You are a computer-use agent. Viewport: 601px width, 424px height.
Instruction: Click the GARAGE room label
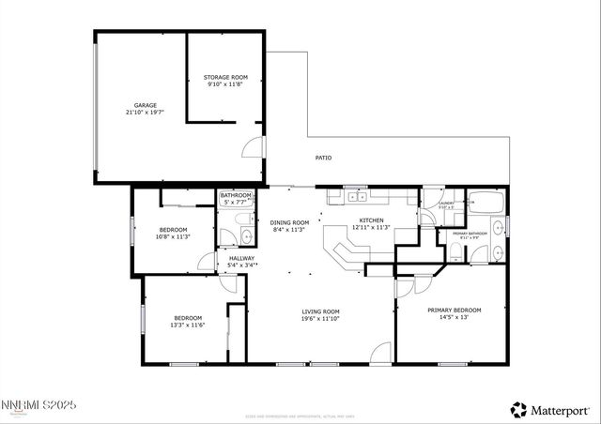(144, 105)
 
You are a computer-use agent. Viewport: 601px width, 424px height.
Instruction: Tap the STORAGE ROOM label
(225, 77)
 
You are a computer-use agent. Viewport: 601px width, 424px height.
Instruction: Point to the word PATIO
(323, 158)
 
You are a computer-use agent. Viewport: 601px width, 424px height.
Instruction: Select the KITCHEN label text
(371, 221)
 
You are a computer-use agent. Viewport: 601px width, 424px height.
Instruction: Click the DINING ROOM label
(290, 222)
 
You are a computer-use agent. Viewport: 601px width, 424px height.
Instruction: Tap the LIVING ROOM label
(320, 311)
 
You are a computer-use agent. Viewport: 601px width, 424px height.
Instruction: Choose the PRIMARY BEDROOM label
(454, 310)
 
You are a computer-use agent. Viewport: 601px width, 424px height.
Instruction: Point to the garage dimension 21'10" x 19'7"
(144, 112)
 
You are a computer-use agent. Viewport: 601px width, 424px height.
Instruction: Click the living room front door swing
(379, 354)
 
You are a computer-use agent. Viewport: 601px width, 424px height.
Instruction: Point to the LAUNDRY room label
(446, 204)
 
